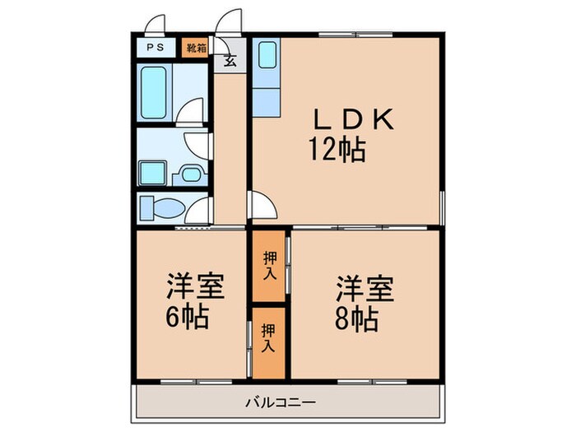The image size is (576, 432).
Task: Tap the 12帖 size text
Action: click(337, 151)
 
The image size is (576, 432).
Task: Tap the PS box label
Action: click(155, 48)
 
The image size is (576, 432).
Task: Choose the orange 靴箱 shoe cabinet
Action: click(196, 48)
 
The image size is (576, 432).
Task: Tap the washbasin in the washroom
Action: click(191, 174)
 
